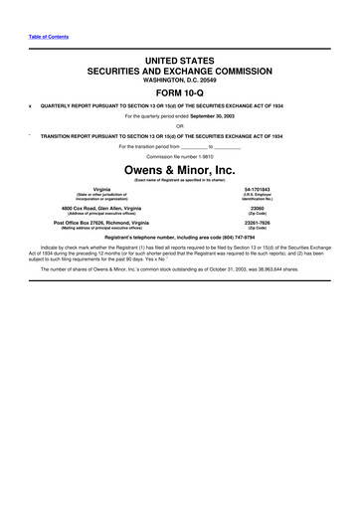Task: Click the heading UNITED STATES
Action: pos(179,62)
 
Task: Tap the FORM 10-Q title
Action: pos(179,93)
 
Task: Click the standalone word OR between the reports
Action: pos(180,125)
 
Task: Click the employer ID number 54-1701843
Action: pos(258,188)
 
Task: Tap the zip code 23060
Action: pos(258,206)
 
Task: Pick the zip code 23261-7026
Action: pos(258,223)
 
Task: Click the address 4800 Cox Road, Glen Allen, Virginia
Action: pos(102,206)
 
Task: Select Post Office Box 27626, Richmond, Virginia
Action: pos(102,223)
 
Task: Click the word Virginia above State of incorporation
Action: pos(102,188)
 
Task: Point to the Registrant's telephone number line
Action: pos(180,239)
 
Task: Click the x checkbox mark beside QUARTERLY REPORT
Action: pos(31,105)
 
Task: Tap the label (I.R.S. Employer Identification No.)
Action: pos(258,196)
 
